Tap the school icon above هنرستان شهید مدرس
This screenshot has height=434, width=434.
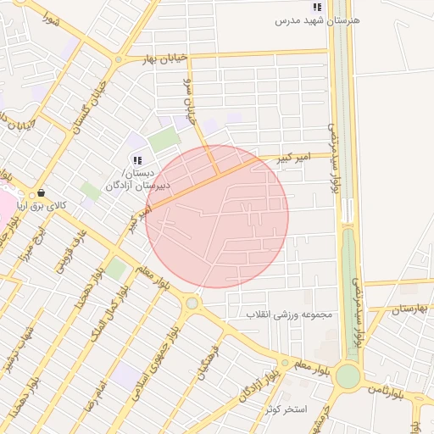(317, 7)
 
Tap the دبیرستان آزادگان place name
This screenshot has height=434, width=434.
(137, 185)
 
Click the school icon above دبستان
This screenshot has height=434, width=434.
(138, 159)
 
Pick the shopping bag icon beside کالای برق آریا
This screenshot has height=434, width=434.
(41, 193)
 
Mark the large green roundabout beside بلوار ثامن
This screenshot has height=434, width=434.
(348, 376)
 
